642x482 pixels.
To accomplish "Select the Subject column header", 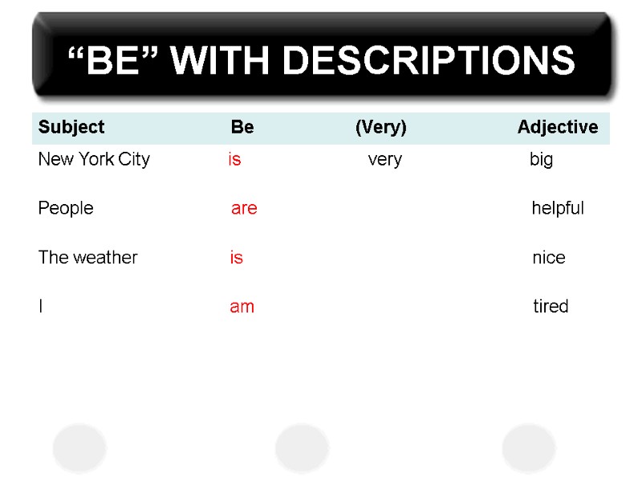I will click(x=71, y=127).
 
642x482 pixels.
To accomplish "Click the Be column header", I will click(x=242, y=127).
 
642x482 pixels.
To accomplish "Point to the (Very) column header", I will click(x=381, y=127).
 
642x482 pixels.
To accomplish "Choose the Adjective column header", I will click(x=558, y=127).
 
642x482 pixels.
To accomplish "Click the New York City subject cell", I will click(x=94, y=160).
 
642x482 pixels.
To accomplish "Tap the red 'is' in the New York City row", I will click(x=234, y=160).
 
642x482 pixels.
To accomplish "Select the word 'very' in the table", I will click(x=385, y=160).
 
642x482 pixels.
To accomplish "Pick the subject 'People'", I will click(x=66, y=209).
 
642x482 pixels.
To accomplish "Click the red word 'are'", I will click(x=244, y=209).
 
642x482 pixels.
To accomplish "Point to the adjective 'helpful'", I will click(x=558, y=209).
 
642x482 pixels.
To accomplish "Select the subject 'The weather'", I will click(x=88, y=258).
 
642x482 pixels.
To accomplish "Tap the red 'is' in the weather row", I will click(x=237, y=258).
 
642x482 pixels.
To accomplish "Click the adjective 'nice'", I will click(x=549, y=258).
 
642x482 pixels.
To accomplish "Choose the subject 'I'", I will click(x=41, y=307).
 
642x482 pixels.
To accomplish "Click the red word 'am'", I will click(x=242, y=307).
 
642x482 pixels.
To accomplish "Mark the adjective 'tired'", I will click(x=551, y=307).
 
